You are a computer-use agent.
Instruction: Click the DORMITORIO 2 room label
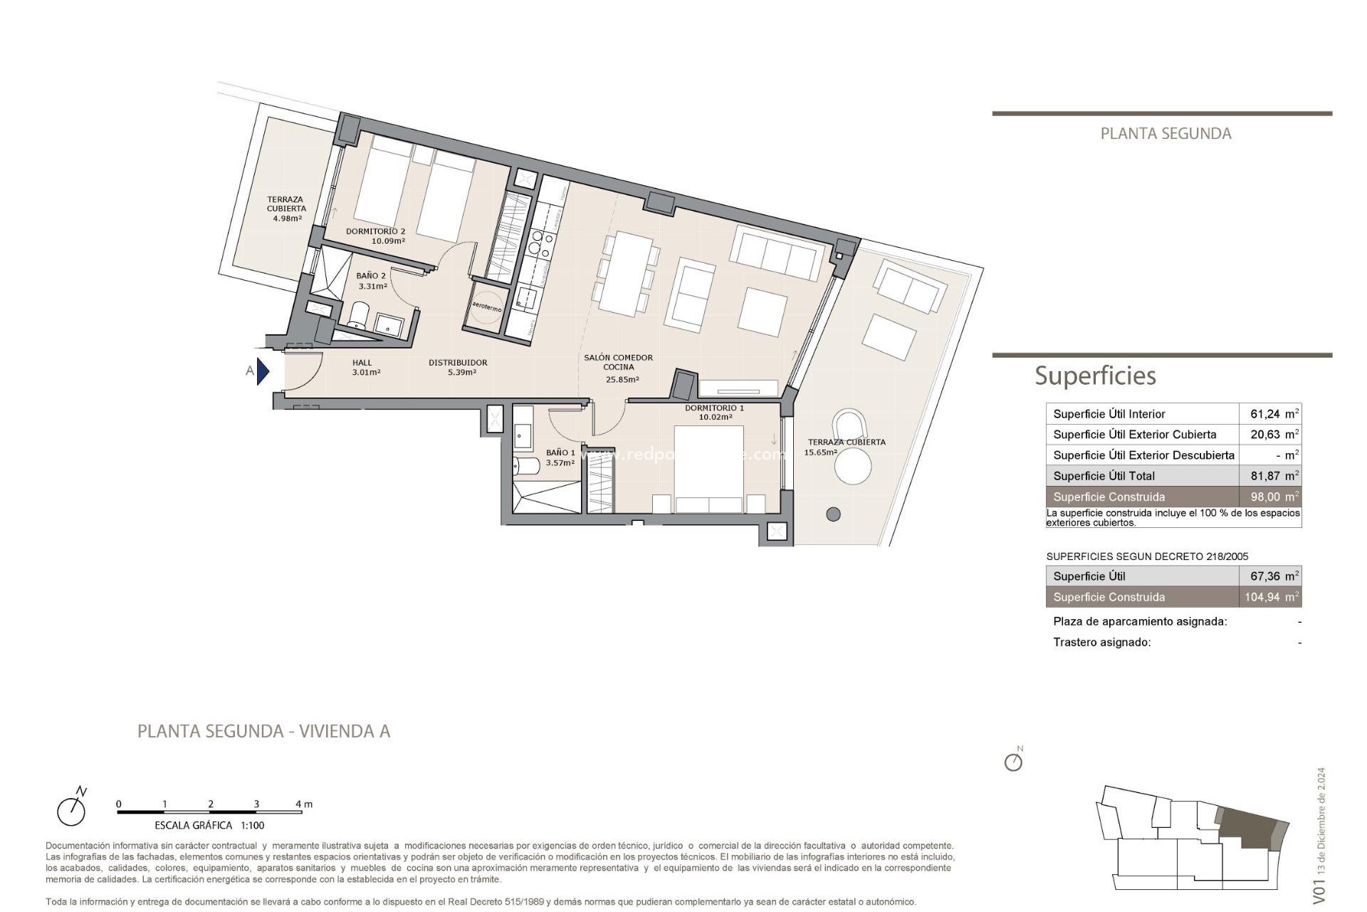[375, 232]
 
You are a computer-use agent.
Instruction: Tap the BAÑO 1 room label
[560, 452]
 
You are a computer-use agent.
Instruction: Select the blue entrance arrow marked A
[263, 371]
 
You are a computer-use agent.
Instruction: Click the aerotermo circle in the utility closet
[487, 307]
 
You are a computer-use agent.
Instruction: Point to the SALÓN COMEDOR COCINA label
[618, 363]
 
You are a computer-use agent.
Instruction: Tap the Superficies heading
[1095, 375]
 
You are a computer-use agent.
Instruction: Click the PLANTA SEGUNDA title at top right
[1166, 133]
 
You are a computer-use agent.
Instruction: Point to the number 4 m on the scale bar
[303, 804]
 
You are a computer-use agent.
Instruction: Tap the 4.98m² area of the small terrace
[287, 218]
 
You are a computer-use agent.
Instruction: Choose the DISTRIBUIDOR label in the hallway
[458, 363]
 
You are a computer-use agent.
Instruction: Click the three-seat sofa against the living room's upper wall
[776, 254]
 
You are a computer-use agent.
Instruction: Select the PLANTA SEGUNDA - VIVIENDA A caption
[263, 731]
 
